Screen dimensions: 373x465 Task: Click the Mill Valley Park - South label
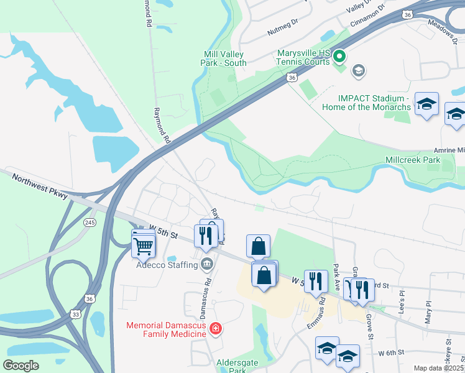223,58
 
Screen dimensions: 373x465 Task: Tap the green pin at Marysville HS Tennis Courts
339,57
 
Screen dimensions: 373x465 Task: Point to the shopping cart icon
143,246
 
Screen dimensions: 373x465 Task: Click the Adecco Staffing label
167,265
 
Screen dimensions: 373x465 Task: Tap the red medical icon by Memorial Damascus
216,328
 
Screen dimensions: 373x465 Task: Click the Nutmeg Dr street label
283,29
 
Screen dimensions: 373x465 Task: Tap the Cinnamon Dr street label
369,16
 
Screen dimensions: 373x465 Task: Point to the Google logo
21,366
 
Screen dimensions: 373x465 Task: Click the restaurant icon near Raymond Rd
204,235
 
